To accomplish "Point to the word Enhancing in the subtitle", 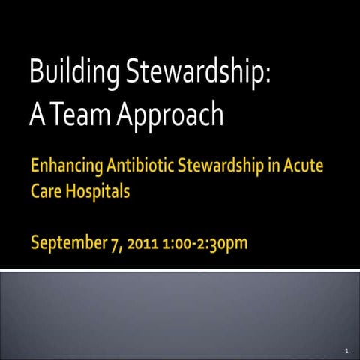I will pos(64,166).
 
